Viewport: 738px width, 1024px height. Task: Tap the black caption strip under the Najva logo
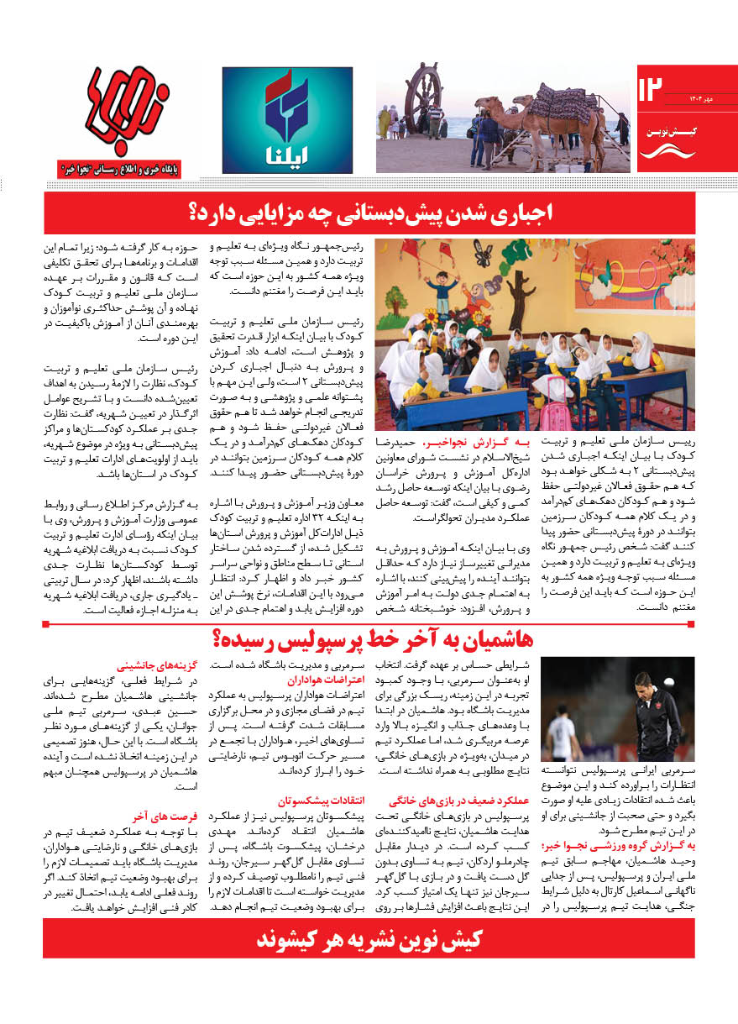coord(135,170)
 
